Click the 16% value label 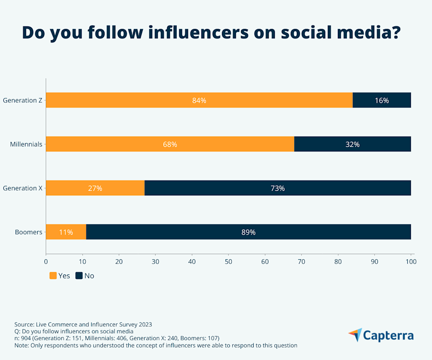click(x=382, y=100)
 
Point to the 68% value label click(x=170, y=144)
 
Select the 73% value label click(x=278, y=188)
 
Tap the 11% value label click(x=66, y=232)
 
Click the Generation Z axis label click(x=22, y=100)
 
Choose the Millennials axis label click(x=26, y=144)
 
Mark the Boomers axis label click(x=29, y=232)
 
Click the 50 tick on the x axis click(x=229, y=261)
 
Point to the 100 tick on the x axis click(x=411, y=261)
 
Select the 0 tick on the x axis click(x=46, y=261)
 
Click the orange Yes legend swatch click(x=53, y=276)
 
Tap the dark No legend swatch click(x=79, y=276)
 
